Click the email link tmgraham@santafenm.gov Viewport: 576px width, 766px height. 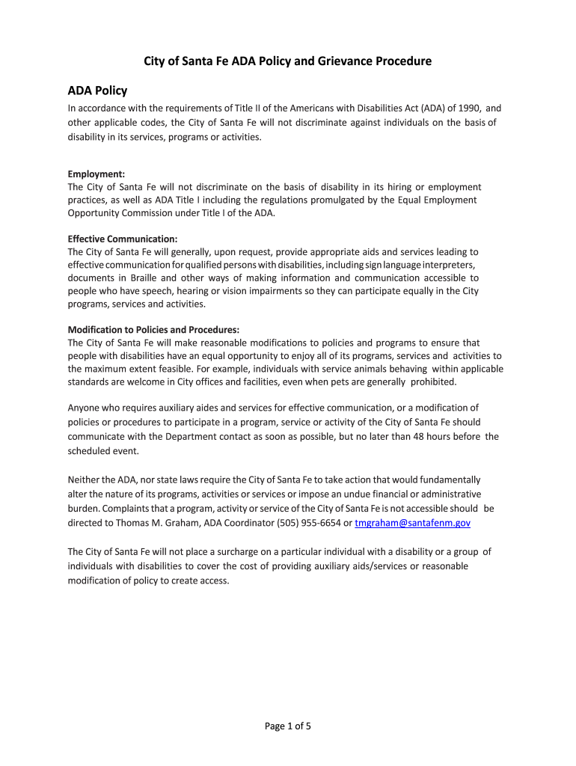[412, 523]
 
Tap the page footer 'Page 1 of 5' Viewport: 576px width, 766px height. [288, 725]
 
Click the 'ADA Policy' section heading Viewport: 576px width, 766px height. [97, 91]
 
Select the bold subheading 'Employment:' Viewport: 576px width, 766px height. [96, 174]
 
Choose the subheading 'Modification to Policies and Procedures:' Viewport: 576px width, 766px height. [153, 329]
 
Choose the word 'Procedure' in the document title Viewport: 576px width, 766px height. [402, 61]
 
